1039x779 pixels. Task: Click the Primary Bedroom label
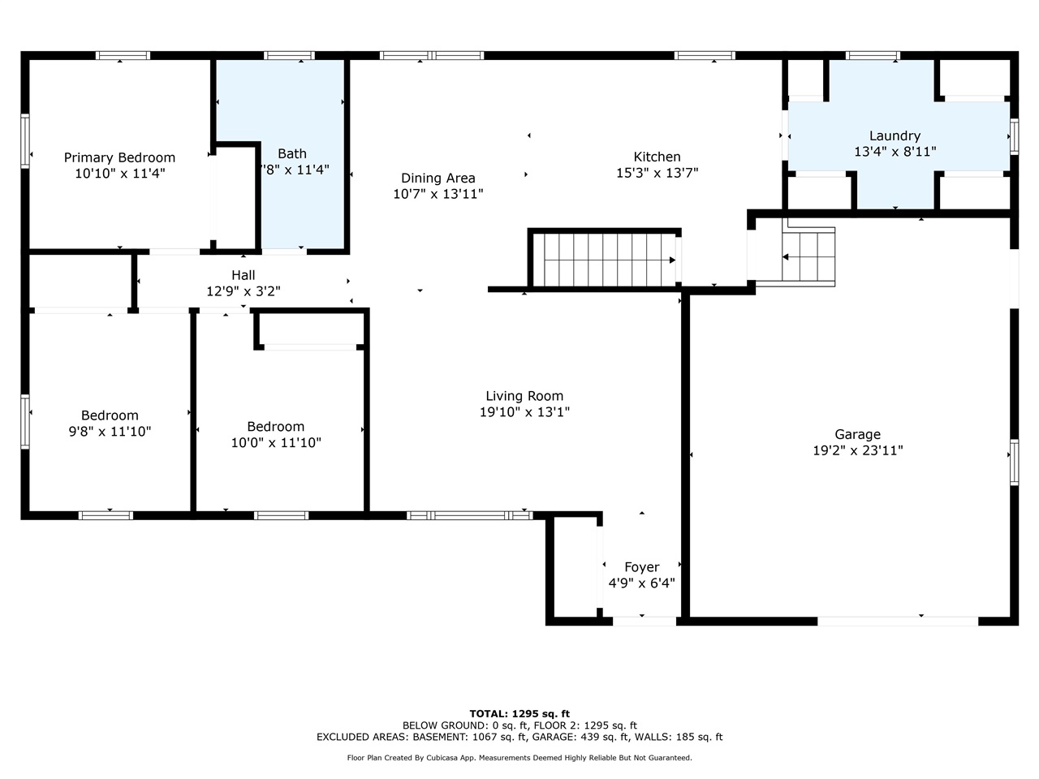click(x=119, y=157)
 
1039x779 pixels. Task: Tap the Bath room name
click(x=292, y=153)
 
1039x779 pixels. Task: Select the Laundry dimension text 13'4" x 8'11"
click(x=895, y=152)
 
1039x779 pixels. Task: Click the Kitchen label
click(x=657, y=157)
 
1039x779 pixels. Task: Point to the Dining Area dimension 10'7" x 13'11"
click(x=438, y=194)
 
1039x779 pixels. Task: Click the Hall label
click(x=244, y=275)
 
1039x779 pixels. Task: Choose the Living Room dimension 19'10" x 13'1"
click(x=524, y=412)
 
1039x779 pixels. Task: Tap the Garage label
click(x=857, y=434)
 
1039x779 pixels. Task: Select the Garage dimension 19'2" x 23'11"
click(x=857, y=450)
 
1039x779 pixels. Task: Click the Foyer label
click(x=641, y=566)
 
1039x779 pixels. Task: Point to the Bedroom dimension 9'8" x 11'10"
click(x=110, y=432)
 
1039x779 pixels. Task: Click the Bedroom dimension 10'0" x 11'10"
click(x=276, y=442)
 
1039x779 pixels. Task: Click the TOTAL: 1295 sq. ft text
click(x=519, y=714)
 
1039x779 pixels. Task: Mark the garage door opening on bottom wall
click(x=897, y=622)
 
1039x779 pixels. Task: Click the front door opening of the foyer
click(x=644, y=622)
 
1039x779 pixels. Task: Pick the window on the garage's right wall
click(x=1014, y=462)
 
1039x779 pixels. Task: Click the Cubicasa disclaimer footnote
click(x=519, y=758)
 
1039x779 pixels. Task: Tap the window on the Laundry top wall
click(x=873, y=56)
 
